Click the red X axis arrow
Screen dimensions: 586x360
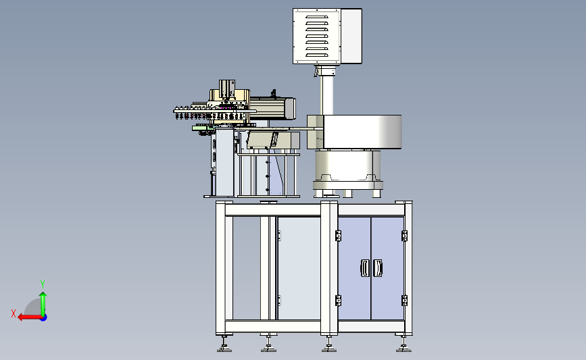pyautogui.click(x=30, y=317)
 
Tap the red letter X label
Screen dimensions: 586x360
pyautogui.click(x=14, y=313)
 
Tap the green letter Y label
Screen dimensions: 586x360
pyautogui.click(x=43, y=284)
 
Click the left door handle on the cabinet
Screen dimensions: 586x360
pyautogui.click(x=365, y=268)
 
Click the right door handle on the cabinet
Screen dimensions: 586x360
pyautogui.click(x=377, y=268)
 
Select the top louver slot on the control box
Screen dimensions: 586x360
pyautogui.click(x=317, y=17)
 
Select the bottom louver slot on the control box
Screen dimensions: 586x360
pyautogui.click(x=317, y=55)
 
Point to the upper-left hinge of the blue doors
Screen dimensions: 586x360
pyautogui.click(x=338, y=236)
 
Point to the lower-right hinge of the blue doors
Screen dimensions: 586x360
pyautogui.click(x=404, y=301)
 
